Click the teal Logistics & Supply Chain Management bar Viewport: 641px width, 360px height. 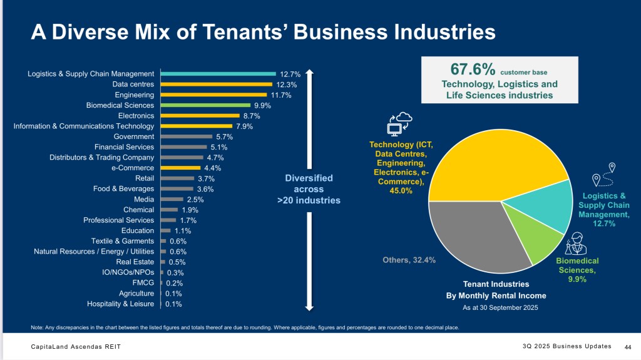click(218, 74)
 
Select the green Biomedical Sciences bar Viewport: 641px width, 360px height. click(205, 105)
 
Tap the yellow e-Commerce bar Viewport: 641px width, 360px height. click(181, 168)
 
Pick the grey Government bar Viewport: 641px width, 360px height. click(187, 136)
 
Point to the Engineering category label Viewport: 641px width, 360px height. click(134, 95)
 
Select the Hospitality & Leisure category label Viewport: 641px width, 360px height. click(120, 304)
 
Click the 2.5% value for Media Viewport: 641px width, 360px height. click(195, 199)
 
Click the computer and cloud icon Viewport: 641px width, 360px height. click(399, 125)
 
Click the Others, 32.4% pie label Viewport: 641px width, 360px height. click(409, 259)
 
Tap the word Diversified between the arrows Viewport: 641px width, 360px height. click(309, 178)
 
